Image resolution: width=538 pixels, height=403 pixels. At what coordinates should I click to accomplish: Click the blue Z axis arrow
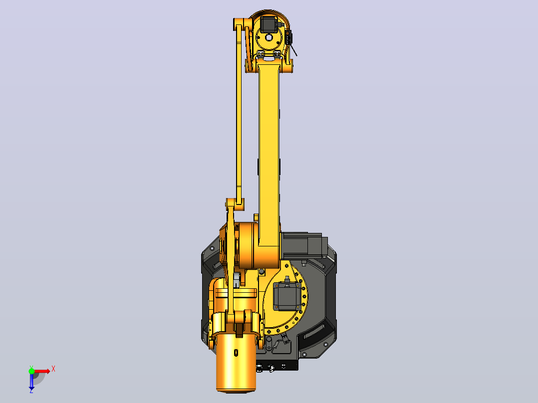click(x=31, y=381)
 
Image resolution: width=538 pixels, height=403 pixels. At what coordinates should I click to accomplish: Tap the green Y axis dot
click(x=31, y=371)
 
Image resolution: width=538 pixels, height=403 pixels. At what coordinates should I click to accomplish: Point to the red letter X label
click(x=53, y=369)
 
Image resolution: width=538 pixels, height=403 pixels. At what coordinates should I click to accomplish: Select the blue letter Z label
click(x=31, y=391)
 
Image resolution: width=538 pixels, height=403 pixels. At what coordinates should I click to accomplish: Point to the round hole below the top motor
click(x=269, y=37)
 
